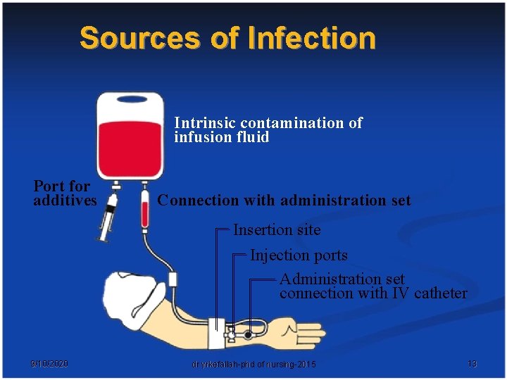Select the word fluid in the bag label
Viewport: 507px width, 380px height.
click(253, 137)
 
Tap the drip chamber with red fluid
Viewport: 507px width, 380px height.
click(145, 211)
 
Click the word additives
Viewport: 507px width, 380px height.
click(65, 201)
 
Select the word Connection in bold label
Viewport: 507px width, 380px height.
click(198, 201)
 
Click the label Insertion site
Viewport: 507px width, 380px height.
click(277, 229)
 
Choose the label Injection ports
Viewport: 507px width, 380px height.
click(299, 255)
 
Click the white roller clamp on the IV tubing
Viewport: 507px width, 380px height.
click(173, 280)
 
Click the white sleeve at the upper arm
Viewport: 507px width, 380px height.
click(127, 296)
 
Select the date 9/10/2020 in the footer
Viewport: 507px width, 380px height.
click(49, 364)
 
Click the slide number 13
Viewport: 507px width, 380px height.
click(472, 364)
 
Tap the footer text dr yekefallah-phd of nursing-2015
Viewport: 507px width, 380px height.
click(254, 364)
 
